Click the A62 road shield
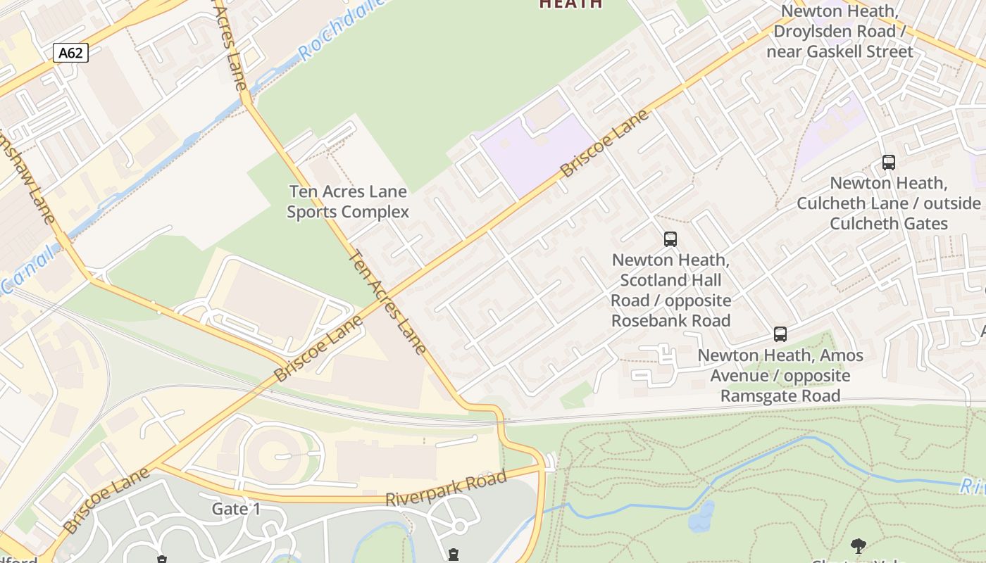(70, 53)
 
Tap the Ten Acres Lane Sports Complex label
(348, 201)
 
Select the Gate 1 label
(237, 508)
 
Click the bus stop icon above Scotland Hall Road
(670, 239)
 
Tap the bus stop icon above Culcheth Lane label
(888, 163)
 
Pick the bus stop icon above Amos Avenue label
(780, 334)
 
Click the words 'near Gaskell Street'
(840, 51)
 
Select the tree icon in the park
(858, 545)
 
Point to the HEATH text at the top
(570, 4)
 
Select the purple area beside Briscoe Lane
(539, 151)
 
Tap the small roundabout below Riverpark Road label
(459, 526)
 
